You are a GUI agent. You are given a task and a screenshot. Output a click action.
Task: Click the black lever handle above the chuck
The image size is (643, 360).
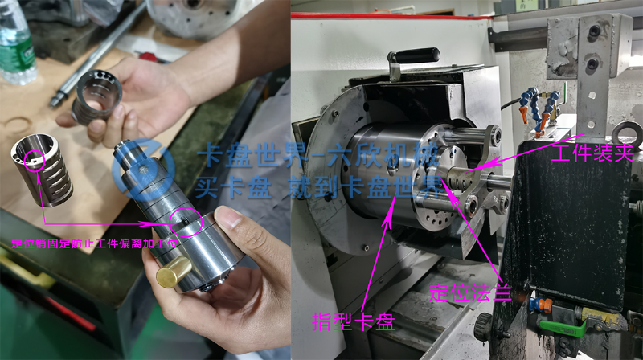(x=413, y=57)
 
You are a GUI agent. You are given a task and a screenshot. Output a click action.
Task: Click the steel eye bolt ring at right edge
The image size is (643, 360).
(x=627, y=133)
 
